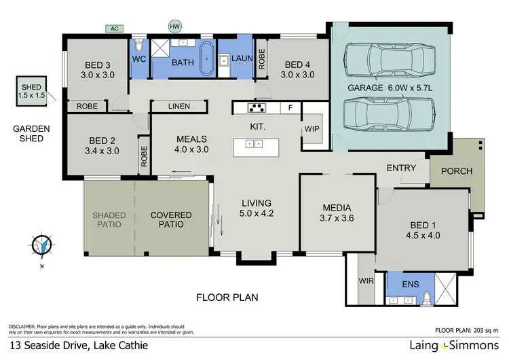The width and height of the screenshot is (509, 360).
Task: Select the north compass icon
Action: point(42,246)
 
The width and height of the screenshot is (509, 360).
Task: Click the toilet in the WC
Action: point(138,46)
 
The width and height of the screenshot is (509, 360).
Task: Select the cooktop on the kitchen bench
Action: point(258,107)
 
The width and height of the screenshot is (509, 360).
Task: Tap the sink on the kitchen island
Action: point(254,144)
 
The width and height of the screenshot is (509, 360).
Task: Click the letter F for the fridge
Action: point(290,107)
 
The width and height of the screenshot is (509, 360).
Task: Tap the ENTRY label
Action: point(402,168)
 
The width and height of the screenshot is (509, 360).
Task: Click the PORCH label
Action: point(456,171)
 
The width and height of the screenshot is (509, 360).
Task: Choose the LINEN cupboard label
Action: point(179,107)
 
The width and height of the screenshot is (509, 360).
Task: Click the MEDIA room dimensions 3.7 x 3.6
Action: point(337,218)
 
